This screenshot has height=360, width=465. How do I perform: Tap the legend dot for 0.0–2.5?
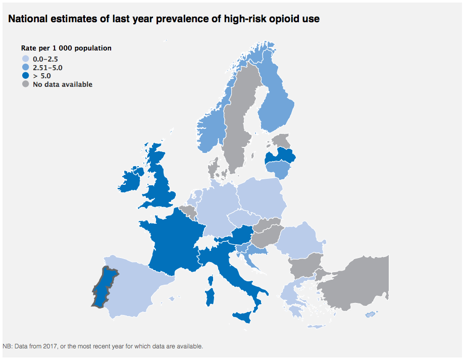(26, 59)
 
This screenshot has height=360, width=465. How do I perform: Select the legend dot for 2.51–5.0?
(26, 67)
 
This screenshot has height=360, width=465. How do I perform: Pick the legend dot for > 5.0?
(26, 76)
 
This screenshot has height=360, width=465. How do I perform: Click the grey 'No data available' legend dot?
(26, 84)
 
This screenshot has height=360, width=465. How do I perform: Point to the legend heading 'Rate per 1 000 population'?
(66, 48)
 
